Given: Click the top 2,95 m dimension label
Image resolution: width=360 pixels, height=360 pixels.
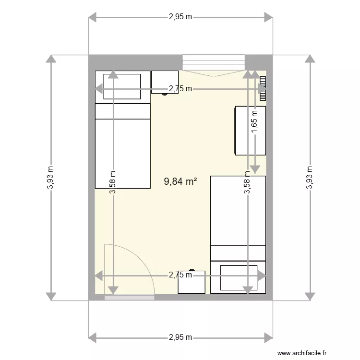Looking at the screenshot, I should (x=180, y=17).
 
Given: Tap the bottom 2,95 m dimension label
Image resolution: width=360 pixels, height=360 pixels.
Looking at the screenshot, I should (x=180, y=337).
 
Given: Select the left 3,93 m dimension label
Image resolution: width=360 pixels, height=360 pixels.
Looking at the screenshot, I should (x=50, y=178).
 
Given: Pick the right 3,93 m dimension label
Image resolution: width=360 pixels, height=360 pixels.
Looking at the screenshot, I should (x=310, y=178).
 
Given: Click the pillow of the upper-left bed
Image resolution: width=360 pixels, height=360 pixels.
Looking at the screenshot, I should (x=122, y=86).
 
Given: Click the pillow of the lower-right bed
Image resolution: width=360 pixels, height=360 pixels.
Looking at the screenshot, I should (x=238, y=277).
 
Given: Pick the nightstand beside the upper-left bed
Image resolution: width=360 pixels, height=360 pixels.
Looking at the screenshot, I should (x=165, y=82).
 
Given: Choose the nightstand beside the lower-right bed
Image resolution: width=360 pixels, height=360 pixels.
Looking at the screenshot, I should (x=191, y=282).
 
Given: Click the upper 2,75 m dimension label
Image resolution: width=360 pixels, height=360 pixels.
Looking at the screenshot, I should (x=180, y=88).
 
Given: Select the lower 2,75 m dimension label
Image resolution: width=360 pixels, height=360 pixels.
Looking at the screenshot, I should (x=180, y=275).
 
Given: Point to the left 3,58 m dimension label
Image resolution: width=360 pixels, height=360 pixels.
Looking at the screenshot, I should (x=113, y=183).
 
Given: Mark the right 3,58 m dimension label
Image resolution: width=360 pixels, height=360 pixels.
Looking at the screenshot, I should (x=247, y=183).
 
